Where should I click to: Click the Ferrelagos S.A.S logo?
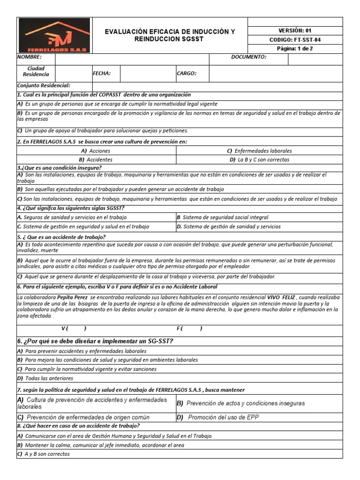(55, 36)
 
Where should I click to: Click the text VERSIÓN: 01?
(295, 30)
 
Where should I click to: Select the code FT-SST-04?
(295, 40)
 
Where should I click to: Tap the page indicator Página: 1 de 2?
(295, 49)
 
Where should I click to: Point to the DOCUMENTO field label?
(248, 57)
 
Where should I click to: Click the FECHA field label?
(102, 74)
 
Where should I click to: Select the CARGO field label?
(186, 74)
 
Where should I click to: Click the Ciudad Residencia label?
(36, 71)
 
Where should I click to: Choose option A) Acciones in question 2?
(96, 151)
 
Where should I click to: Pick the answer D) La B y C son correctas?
(259, 159)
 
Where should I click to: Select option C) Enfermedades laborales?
(259, 151)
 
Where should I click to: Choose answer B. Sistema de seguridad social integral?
(222, 217)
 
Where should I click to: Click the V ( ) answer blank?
(74, 328)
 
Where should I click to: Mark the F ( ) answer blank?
(189, 328)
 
